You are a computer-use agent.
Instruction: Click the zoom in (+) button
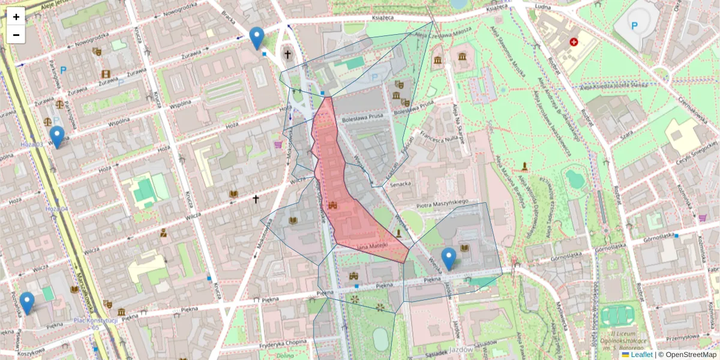coord(16,17)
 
